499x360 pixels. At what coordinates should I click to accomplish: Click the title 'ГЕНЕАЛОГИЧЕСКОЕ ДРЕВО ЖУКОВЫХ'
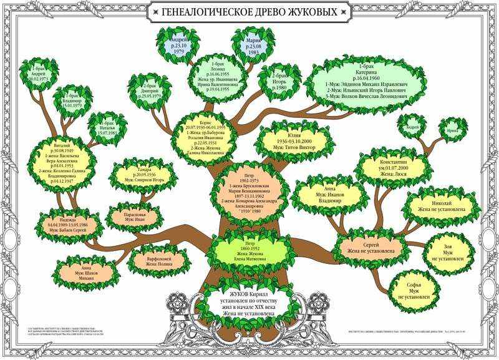(x=249, y=12)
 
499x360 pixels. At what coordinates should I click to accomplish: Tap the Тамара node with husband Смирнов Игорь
(x=143, y=174)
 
